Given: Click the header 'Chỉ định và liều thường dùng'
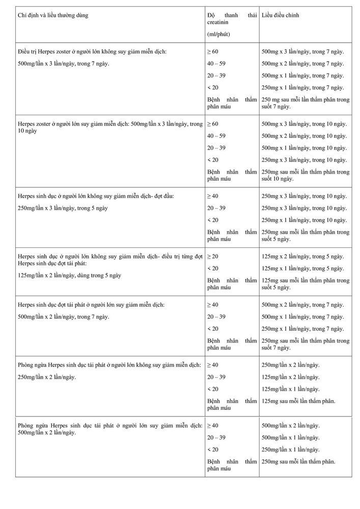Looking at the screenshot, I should [x=53, y=16].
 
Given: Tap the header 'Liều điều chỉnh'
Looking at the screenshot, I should [x=281, y=16].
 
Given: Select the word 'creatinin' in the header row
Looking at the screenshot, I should [x=218, y=23].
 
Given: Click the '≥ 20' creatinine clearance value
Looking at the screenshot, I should [x=213, y=256].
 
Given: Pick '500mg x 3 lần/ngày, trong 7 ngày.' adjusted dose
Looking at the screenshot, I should [x=302, y=51].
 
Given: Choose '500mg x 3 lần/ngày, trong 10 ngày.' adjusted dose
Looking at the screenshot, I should [x=304, y=124].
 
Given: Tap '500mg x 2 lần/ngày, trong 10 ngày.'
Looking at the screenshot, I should [x=304, y=136].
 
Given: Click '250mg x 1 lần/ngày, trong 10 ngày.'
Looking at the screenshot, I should [x=304, y=220].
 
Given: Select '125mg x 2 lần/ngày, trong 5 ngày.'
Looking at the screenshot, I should [x=302, y=256].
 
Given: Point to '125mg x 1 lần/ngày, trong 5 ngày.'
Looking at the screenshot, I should [x=302, y=268].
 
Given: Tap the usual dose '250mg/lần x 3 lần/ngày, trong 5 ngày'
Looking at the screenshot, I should [x=63, y=208].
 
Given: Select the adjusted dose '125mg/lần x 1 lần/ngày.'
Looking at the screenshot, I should [x=291, y=389].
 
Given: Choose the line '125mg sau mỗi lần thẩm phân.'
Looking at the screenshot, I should [x=298, y=401].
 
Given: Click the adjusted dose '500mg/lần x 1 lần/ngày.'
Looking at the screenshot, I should [x=291, y=437].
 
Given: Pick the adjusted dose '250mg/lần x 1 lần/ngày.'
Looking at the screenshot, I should [x=291, y=449].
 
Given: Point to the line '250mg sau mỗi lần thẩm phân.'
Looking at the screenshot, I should [x=298, y=461].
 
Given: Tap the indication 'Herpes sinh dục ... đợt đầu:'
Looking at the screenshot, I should [x=96, y=196].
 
